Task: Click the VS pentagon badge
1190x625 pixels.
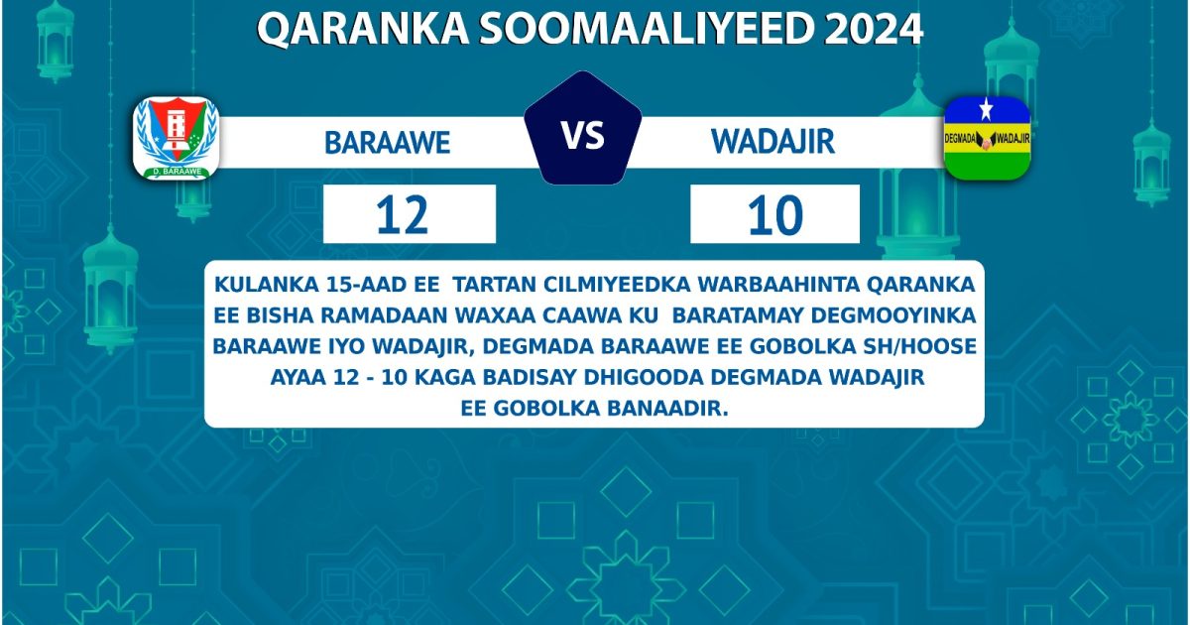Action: tap(583, 131)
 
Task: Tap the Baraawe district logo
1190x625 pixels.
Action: tap(176, 138)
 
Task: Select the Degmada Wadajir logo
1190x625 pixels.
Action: tap(987, 138)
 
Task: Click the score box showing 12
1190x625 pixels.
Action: tap(409, 214)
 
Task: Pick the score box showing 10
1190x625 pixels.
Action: tap(774, 214)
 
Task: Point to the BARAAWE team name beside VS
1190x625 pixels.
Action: tap(388, 143)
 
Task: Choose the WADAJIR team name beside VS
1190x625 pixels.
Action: tap(773, 142)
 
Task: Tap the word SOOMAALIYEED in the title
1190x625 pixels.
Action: tap(585, 31)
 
